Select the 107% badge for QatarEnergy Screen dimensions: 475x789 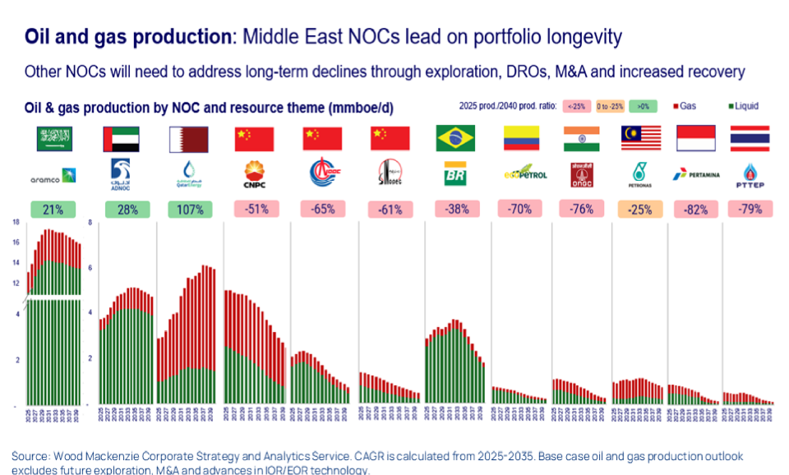190,210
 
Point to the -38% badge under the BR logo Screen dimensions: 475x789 458,210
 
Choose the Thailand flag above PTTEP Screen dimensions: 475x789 750,139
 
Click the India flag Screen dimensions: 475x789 581,139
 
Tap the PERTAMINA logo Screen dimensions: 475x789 696,174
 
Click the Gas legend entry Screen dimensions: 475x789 689,106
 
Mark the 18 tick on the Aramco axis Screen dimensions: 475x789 16,223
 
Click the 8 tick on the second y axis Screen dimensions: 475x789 90,223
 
